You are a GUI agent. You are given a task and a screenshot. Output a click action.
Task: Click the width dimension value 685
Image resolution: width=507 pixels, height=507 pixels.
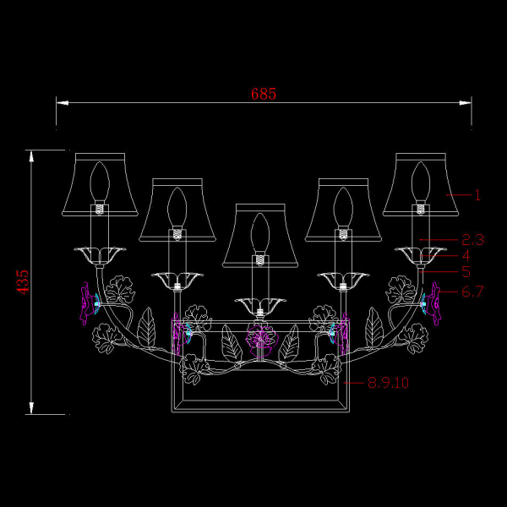[x=264, y=94]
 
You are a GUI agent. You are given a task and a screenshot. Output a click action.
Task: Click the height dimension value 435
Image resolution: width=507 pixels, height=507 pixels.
[x=23, y=281]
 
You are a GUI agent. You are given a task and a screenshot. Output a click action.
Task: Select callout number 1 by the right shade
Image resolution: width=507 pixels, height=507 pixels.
[x=477, y=195]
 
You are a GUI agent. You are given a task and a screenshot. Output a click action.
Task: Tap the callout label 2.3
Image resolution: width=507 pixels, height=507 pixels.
[x=473, y=239]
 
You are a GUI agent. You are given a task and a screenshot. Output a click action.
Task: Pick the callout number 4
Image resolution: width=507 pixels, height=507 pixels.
[x=466, y=255]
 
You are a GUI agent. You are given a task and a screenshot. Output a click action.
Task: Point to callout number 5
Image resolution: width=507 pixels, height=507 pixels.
[x=466, y=272]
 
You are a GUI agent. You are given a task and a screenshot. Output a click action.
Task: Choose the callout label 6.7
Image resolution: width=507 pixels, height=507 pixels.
[x=472, y=292]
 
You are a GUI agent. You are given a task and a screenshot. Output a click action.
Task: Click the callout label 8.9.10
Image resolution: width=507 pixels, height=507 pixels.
[x=389, y=382]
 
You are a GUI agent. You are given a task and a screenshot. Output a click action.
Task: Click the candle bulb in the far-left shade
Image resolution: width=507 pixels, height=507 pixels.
[x=101, y=180]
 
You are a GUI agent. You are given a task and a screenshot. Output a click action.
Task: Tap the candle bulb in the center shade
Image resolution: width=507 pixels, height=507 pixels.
[x=260, y=230]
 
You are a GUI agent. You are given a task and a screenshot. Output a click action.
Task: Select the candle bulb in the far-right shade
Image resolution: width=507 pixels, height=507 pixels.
[x=420, y=180]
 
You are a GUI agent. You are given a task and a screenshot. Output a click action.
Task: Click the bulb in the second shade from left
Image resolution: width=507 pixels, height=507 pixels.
[x=177, y=204]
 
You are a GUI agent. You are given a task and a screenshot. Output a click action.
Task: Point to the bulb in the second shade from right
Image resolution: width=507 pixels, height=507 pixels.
[x=343, y=204]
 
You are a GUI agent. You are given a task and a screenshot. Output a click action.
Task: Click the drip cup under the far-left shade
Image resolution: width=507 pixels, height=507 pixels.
[x=100, y=253]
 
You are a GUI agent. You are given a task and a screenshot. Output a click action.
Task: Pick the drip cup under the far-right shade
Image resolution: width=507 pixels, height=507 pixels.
[x=420, y=253]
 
